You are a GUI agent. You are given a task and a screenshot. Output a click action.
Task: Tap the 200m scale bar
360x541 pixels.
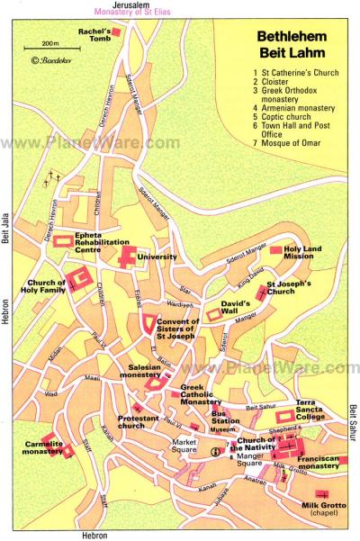click(49, 48)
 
